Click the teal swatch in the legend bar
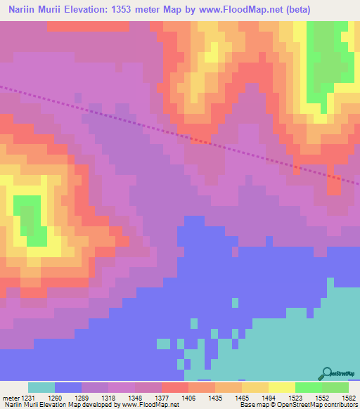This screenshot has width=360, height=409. [41, 388]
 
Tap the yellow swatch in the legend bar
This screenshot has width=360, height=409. [281, 388]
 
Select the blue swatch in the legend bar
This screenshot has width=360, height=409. [68, 388]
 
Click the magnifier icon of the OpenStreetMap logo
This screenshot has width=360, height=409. [326, 373]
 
